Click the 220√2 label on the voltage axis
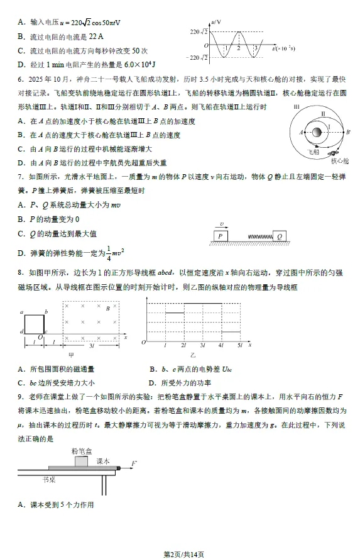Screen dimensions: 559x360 (199, 31)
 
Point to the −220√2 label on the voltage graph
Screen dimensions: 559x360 (197, 58)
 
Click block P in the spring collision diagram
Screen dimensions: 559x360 (221, 235)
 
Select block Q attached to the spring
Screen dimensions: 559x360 (280, 236)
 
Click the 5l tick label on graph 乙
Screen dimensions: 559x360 (241, 346)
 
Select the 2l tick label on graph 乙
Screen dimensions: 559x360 (183, 346)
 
